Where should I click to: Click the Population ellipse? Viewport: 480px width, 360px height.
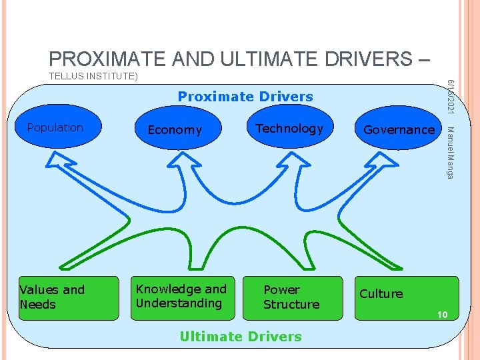coord(55,128)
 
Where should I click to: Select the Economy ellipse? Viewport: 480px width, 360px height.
coord(175,130)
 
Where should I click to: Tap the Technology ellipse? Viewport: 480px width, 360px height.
coord(289,129)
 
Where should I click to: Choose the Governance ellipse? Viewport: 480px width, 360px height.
coord(399,130)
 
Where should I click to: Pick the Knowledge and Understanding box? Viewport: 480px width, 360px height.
coord(182,296)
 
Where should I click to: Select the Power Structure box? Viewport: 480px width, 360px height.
coord(293,297)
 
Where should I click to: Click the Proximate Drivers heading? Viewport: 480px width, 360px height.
coord(245,97)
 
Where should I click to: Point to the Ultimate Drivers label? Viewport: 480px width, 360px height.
coord(241,337)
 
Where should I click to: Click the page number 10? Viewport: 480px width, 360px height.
coord(442,315)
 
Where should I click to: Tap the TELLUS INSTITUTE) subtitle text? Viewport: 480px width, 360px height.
coord(93,77)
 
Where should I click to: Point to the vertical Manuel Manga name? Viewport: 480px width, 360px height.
coord(450,152)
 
